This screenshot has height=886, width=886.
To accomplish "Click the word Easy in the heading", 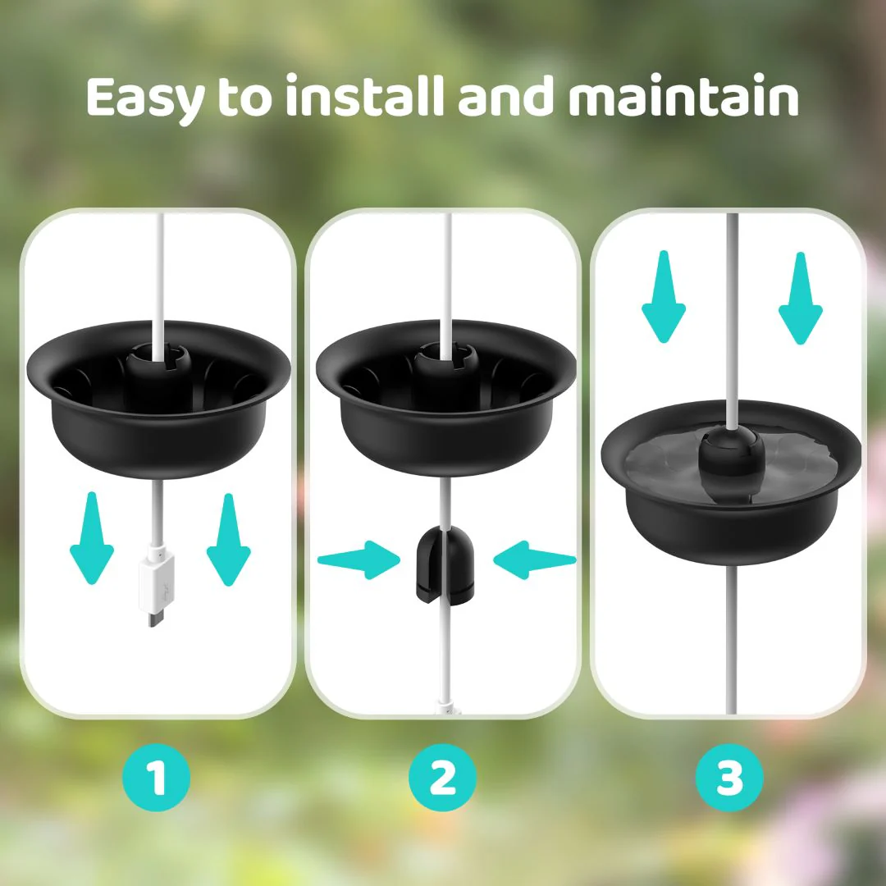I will point(144,98).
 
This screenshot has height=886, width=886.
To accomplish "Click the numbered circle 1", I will point(156,779).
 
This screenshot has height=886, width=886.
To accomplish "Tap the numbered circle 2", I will point(442,779).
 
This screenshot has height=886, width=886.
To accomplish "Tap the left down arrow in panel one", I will point(91,538).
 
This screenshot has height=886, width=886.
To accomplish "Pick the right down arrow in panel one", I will point(228,538).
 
